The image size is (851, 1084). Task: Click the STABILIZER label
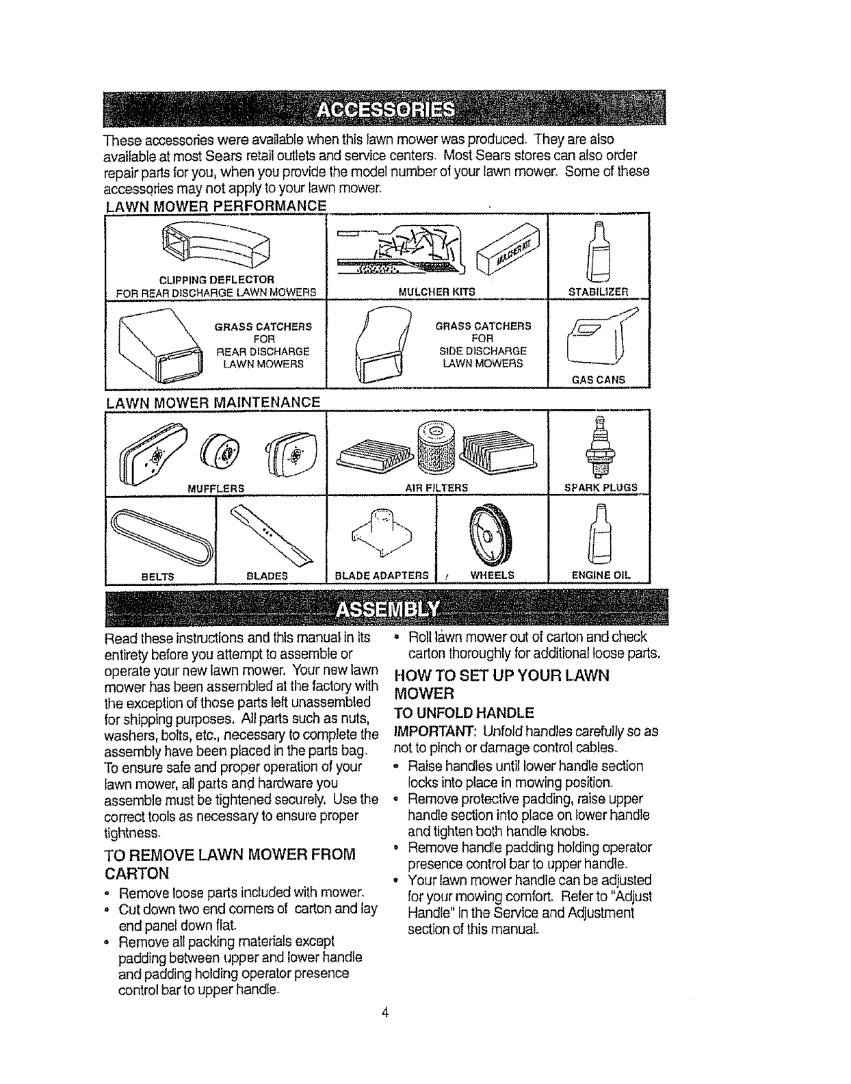tap(599, 292)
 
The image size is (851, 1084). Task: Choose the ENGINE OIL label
tap(600, 576)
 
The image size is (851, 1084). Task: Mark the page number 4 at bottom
tap(386, 1013)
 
